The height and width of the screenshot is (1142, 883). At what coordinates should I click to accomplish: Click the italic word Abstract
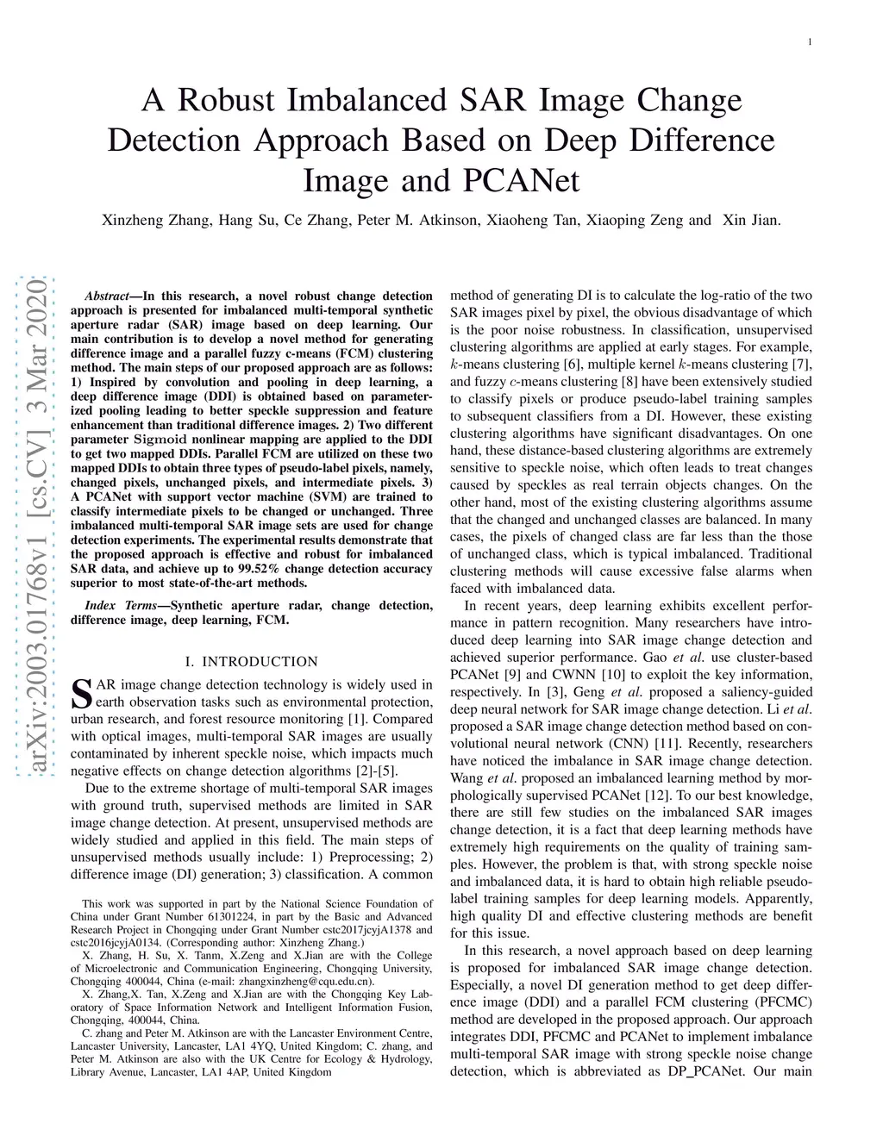[x=108, y=296]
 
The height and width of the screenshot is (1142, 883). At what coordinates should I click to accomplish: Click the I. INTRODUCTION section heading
[x=251, y=662]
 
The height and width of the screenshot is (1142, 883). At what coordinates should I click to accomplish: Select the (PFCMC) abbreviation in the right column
[x=781, y=1002]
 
